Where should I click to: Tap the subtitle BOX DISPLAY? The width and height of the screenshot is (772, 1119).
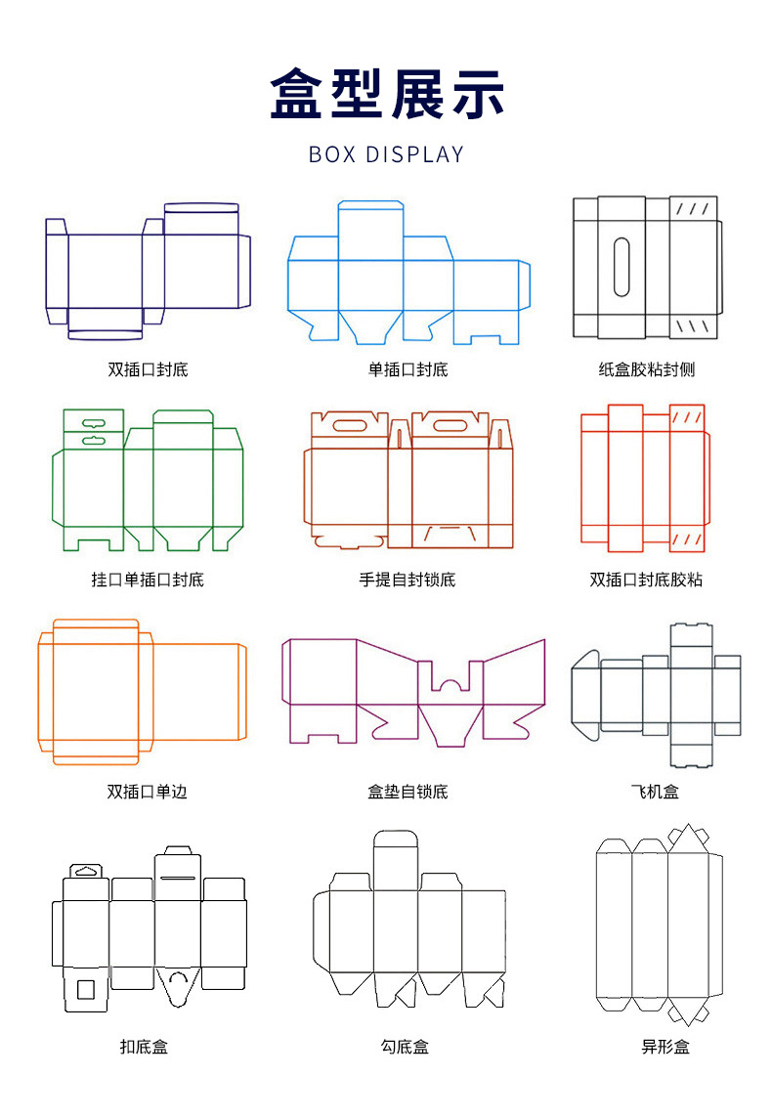(386, 154)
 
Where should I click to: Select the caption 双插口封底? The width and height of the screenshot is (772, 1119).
(148, 370)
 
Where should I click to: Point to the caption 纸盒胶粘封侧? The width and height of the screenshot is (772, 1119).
(646, 370)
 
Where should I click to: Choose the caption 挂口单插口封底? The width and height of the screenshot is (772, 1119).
(148, 580)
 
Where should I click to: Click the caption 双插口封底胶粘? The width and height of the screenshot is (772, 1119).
(646, 580)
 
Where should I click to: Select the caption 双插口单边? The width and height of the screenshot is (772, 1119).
(148, 792)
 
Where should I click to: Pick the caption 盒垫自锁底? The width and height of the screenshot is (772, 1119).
(407, 792)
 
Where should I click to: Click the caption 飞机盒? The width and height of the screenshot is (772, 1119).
(655, 792)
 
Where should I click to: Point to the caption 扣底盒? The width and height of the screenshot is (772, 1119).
(144, 1047)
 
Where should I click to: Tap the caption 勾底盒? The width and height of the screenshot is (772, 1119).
(405, 1047)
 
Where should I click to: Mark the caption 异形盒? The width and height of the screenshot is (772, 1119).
(665, 1047)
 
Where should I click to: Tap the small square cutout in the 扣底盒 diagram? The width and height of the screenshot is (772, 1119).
(85, 989)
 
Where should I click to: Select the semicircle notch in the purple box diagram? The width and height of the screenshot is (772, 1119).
(449, 681)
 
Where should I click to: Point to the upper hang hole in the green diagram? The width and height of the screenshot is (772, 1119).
(94, 423)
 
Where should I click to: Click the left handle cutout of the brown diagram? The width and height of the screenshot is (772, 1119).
(347, 424)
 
